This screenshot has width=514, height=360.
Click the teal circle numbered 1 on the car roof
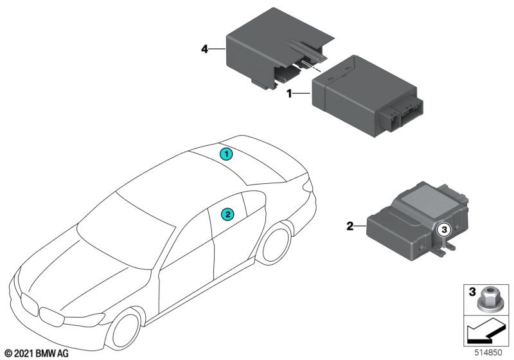[226, 154]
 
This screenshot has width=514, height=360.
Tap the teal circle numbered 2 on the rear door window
[227, 215]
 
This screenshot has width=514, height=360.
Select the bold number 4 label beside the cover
[204, 50]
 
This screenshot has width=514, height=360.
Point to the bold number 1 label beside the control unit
[289, 94]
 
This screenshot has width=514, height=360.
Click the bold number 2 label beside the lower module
[350, 226]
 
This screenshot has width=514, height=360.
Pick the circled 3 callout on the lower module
[444, 230]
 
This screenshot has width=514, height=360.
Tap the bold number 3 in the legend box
[472, 291]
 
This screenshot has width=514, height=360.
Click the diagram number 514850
[488, 352]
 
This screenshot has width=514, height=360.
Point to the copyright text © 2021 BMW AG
[37, 354]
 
